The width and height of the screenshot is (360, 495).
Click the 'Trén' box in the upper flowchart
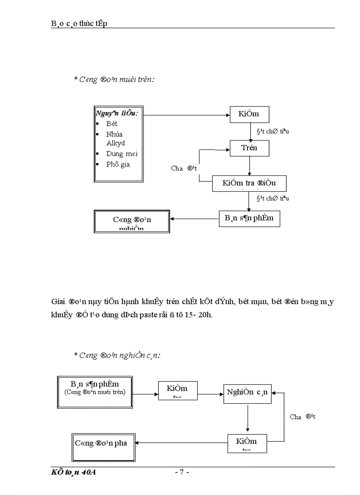[249, 148]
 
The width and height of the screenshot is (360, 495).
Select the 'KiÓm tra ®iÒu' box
[249, 183]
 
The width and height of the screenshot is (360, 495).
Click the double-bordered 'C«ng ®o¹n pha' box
[104, 447]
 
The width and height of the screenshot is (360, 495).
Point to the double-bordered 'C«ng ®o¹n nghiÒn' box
[132, 221]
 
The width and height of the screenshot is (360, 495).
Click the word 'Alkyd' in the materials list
[116, 143]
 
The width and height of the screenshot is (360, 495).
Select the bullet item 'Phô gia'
[118, 164]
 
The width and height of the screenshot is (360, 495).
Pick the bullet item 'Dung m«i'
[122, 154]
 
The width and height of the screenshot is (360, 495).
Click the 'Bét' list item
[112, 124]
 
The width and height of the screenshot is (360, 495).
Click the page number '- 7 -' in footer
[182, 473]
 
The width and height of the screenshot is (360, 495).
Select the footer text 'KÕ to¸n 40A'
[74, 473]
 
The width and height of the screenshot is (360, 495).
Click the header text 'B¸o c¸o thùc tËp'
[79, 24]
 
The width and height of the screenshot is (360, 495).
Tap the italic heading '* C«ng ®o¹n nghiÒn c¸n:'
[117, 355]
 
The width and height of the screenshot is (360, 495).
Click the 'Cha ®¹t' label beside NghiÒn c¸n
[302, 417]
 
